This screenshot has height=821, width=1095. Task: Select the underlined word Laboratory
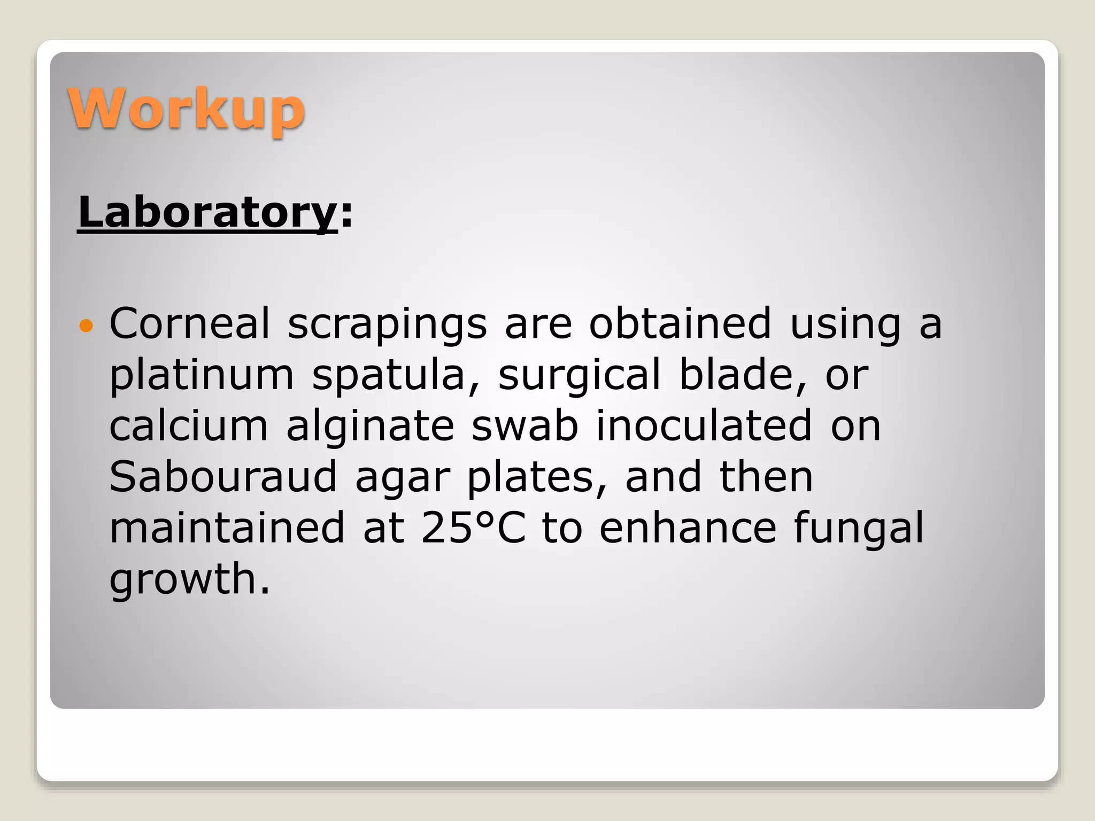click(x=207, y=213)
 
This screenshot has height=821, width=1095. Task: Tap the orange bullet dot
click(x=86, y=324)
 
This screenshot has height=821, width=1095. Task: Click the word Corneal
click(x=190, y=323)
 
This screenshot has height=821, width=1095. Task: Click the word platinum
click(x=202, y=376)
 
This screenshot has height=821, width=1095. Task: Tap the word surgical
click(x=580, y=376)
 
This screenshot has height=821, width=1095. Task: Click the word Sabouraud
click(x=223, y=476)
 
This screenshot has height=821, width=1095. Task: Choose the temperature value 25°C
click(x=473, y=528)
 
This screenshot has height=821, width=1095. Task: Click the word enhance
click(x=688, y=528)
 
